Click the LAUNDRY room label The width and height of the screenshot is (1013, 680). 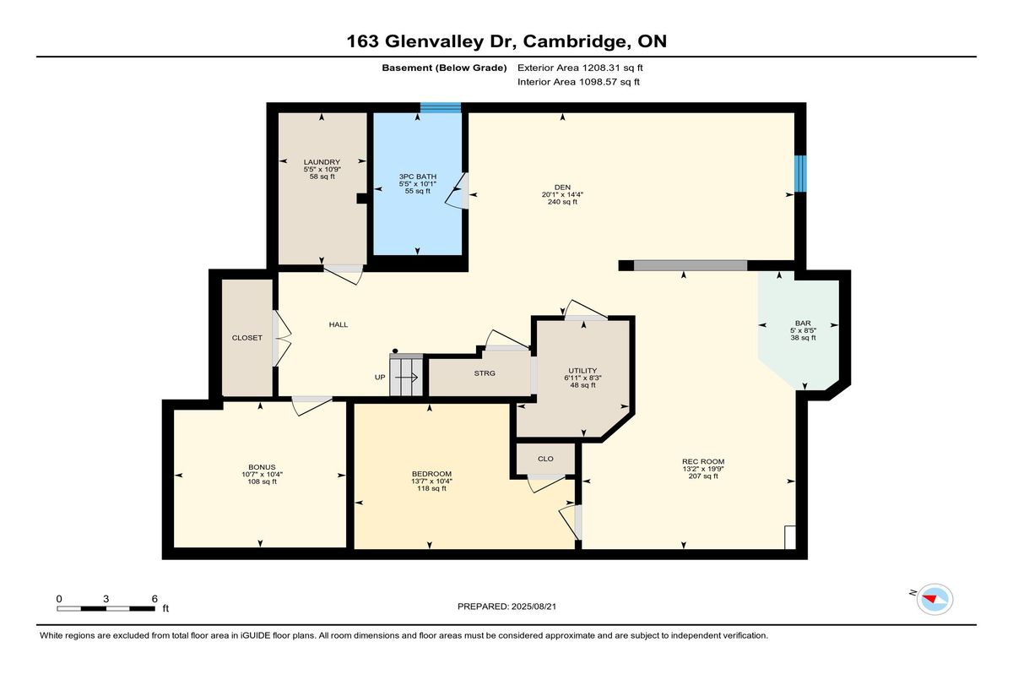click(x=322, y=162)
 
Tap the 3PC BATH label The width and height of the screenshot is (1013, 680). click(x=417, y=177)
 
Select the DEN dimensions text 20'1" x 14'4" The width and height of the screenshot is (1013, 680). click(x=562, y=194)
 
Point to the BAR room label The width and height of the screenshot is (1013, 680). click(x=803, y=323)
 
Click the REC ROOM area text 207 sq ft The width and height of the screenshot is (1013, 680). click(x=702, y=476)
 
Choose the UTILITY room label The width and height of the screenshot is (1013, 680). click(x=582, y=371)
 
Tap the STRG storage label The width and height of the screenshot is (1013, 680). click(x=485, y=373)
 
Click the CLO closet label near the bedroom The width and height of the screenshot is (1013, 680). click(x=545, y=459)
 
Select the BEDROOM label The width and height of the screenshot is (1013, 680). click(x=431, y=474)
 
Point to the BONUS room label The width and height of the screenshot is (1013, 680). click(x=262, y=467)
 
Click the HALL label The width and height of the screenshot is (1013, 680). click(x=339, y=324)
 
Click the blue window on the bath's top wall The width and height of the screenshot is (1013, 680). click(x=441, y=107)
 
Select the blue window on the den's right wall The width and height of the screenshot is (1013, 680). click(x=800, y=174)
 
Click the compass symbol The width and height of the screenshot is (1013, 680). click(x=934, y=600)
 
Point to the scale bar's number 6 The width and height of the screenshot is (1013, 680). click(x=154, y=599)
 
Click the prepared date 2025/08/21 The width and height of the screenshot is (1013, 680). click(x=534, y=607)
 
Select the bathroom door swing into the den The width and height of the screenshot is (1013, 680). click(x=457, y=191)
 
